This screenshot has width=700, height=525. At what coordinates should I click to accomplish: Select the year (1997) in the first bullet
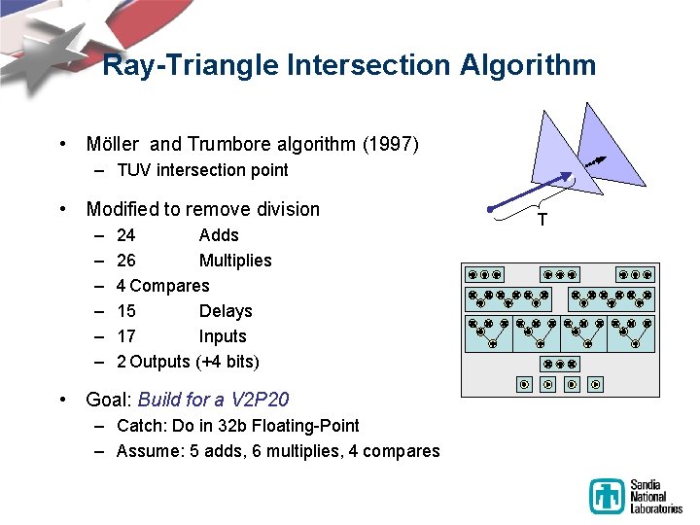[x=390, y=145]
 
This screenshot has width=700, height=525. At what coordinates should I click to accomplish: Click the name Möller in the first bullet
[x=114, y=145]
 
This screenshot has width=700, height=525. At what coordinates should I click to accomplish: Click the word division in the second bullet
[x=284, y=209]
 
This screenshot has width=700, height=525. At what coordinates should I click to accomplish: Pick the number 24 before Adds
[x=125, y=235]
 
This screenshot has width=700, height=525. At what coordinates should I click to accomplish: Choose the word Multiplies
[x=235, y=261]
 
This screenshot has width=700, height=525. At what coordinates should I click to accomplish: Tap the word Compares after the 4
[x=169, y=286]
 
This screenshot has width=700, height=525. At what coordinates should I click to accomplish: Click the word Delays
[x=225, y=311]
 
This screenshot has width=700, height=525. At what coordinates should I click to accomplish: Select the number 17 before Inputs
[x=125, y=336]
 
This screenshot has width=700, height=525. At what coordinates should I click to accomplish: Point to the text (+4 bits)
[x=227, y=362]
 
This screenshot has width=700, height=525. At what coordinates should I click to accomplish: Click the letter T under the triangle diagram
[x=542, y=220]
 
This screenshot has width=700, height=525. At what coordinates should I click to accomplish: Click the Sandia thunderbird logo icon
[x=608, y=496]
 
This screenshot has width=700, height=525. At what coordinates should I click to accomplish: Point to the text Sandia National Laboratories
[x=655, y=496]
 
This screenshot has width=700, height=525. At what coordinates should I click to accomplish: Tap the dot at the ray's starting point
[x=492, y=208]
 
